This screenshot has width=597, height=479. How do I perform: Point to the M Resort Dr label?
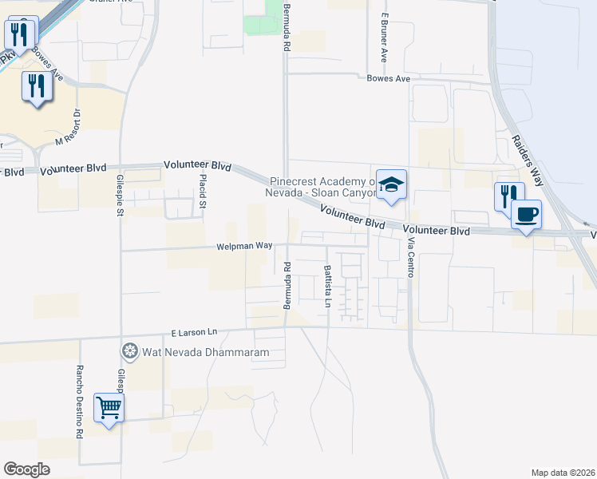69,129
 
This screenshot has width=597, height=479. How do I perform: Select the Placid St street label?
203,189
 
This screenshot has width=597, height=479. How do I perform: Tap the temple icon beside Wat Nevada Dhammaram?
129,350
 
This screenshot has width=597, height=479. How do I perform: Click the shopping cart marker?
109,409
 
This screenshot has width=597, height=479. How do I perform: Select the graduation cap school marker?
391,185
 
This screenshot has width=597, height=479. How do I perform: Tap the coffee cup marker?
526,215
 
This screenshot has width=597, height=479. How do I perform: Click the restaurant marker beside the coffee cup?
508,196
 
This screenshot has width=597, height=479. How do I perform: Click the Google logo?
26,469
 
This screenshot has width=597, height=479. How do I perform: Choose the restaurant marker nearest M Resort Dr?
35,85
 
